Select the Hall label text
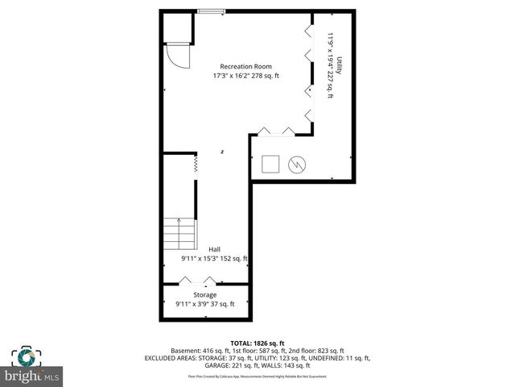214,249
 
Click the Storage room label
204,295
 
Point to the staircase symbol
179,234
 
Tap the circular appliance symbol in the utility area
297,164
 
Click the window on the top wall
212,11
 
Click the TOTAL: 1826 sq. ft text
257,343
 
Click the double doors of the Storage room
198,281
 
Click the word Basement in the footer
187,351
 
